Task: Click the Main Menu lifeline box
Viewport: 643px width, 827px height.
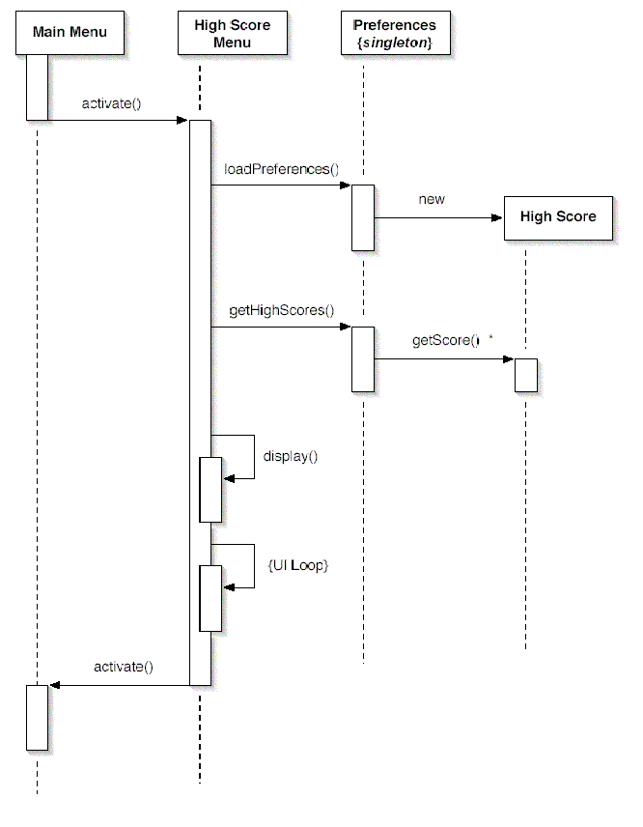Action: [x=69, y=33]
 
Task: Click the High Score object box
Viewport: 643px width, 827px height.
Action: [x=558, y=216]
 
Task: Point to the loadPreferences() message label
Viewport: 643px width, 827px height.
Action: [x=281, y=169]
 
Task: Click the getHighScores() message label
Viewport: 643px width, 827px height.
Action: [x=281, y=310]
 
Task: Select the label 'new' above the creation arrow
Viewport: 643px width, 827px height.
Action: [x=432, y=199]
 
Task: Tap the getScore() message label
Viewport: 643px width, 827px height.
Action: [x=445, y=341]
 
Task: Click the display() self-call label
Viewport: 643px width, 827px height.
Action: [x=291, y=456]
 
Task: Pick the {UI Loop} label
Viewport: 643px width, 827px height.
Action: [x=297, y=565]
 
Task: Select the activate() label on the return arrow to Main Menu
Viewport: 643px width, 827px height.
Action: [x=123, y=667]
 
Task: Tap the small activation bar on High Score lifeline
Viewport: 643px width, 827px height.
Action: [x=526, y=375]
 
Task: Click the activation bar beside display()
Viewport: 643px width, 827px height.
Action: [x=210, y=489]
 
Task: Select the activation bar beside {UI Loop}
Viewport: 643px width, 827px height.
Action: [x=210, y=599]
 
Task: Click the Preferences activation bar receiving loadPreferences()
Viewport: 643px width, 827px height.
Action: [x=362, y=217]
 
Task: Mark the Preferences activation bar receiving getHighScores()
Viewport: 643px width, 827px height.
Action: [x=362, y=358]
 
